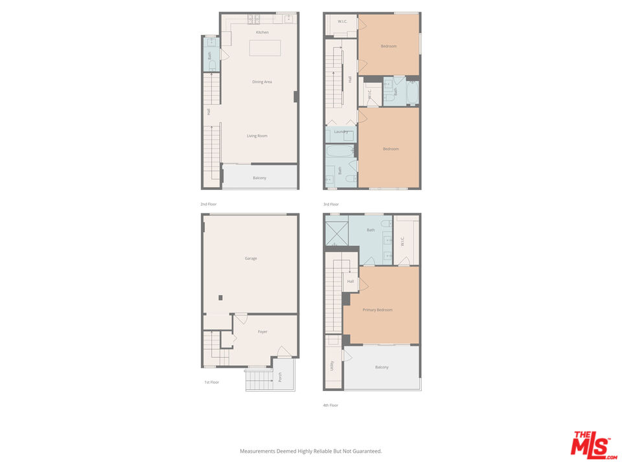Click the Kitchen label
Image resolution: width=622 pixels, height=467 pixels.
pos(262,32)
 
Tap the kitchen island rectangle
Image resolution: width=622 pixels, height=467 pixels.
pos(265,48)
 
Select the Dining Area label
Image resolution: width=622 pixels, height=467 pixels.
pos(262,82)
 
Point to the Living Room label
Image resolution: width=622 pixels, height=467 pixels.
pos(257,136)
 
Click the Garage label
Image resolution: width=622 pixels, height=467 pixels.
pos(251,259)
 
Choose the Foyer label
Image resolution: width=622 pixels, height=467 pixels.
pos(262,331)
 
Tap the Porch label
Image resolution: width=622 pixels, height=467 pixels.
pos(280,376)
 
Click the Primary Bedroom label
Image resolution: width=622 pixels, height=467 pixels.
pos(378,310)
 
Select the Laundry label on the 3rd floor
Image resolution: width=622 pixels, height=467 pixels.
pos(341,132)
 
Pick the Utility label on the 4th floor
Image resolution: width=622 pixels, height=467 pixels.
pos(332,366)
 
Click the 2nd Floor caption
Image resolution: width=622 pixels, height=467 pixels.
pos(209,204)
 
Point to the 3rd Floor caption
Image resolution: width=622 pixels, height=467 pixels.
pos(331,204)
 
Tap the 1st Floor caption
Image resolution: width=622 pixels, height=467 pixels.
pos(211,383)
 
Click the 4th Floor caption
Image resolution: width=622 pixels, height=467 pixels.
pos(330,405)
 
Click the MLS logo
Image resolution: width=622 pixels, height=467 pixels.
pos(593,446)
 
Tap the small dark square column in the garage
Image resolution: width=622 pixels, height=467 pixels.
pos(220,298)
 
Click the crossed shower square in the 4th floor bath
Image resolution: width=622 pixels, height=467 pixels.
pos(337,234)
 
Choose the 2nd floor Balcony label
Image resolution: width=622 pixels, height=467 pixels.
pos(259,178)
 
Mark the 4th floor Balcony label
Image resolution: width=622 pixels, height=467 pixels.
pos(382,367)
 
